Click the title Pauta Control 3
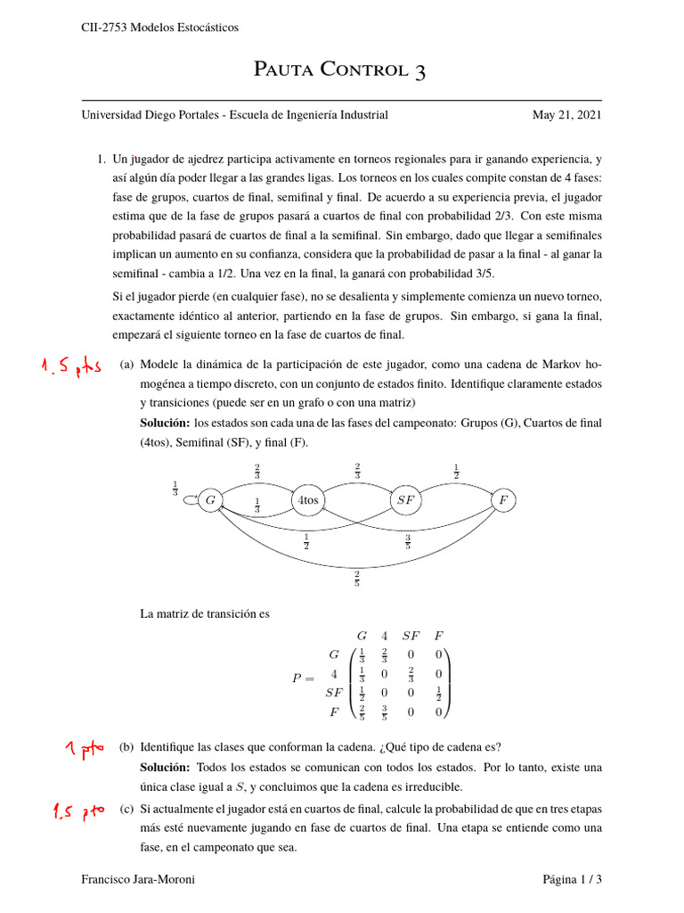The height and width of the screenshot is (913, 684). [x=340, y=70]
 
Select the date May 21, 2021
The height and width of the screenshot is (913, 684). [x=566, y=115]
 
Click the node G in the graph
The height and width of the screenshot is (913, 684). [x=211, y=501]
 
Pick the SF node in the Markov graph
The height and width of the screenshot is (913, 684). [x=405, y=501]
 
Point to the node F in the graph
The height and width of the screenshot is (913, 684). [x=503, y=501]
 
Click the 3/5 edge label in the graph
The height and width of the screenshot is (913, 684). [x=407, y=540]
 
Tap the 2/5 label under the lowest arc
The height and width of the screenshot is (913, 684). [x=357, y=580]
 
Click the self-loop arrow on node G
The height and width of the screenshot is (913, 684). [x=189, y=500]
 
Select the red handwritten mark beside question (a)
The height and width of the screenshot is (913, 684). [x=69, y=367]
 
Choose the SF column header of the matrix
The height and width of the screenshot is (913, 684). [x=411, y=636]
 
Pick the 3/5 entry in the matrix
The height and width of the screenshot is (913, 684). [x=385, y=712]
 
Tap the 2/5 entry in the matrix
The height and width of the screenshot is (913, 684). [x=362, y=712]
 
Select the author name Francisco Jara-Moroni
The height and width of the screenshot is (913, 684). [x=138, y=880]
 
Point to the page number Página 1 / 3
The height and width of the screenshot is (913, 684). [x=573, y=880]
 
